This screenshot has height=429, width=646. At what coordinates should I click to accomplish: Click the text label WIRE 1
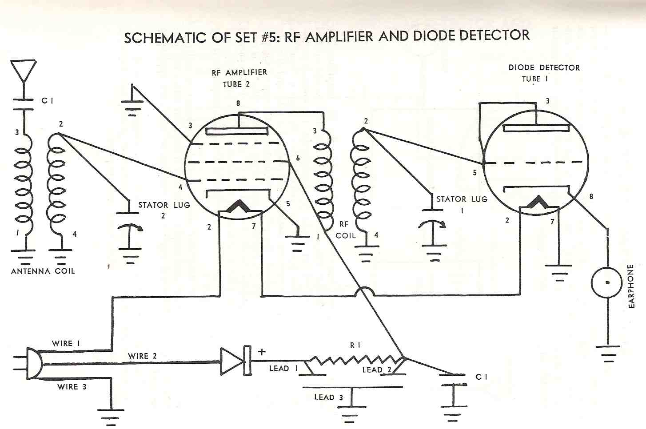[66, 343]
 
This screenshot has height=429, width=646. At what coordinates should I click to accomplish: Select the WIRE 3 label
[72, 387]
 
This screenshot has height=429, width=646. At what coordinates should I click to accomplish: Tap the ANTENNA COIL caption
[43, 271]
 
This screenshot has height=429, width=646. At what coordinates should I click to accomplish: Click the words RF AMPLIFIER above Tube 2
[239, 72]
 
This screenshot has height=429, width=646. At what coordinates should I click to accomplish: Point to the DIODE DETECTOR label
[544, 68]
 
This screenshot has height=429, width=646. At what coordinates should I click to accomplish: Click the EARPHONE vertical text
[630, 286]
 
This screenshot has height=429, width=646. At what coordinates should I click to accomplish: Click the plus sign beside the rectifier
[262, 352]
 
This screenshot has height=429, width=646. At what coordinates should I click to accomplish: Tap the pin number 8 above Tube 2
[238, 103]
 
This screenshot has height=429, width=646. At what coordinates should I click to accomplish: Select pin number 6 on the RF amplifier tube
[297, 158]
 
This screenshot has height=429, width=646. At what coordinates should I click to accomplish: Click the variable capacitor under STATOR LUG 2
[129, 231]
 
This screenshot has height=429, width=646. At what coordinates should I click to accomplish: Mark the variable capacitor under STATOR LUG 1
[433, 228]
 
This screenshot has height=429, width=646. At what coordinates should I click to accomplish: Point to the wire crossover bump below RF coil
[366, 291]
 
